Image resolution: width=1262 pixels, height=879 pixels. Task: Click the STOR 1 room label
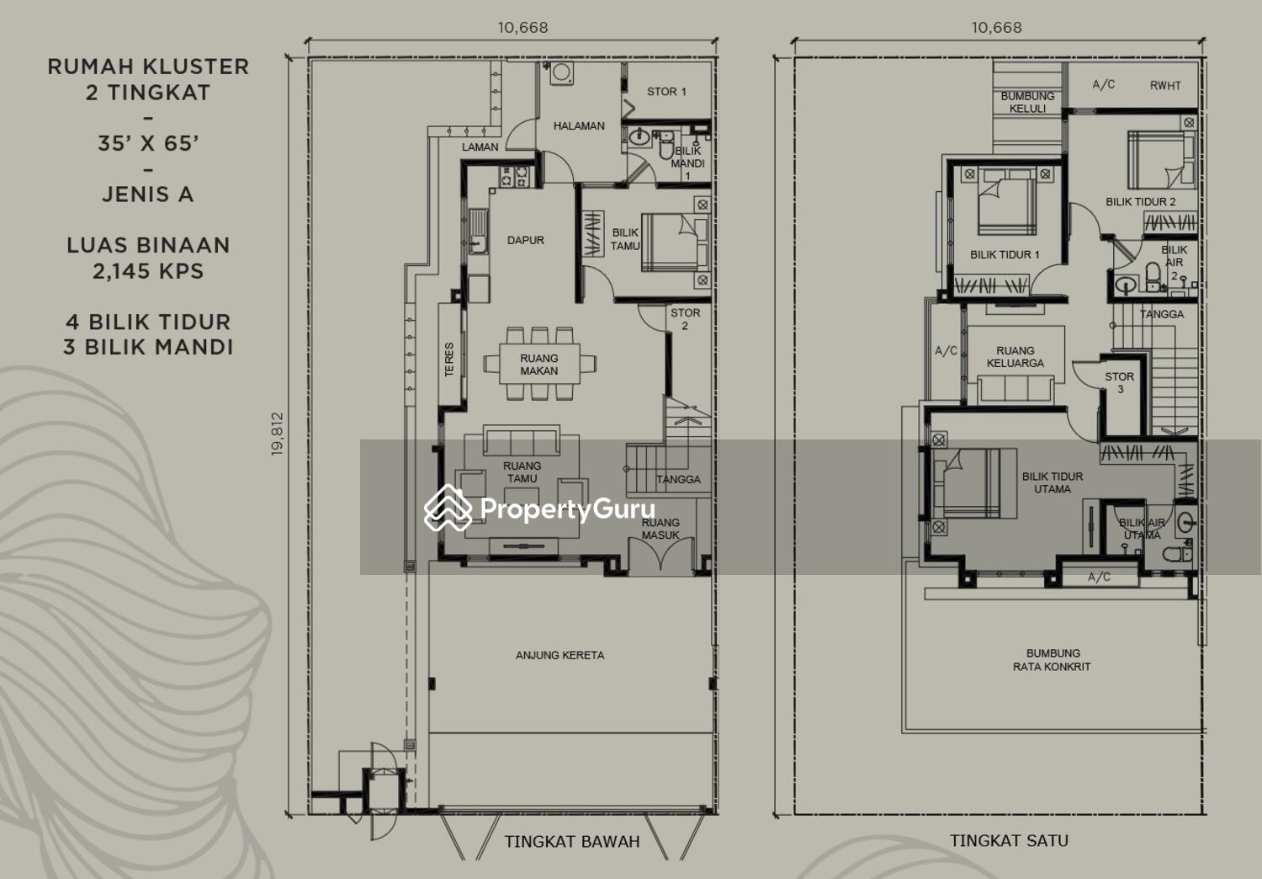[x=666, y=91]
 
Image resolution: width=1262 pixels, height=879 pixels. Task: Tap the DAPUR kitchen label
[x=526, y=240]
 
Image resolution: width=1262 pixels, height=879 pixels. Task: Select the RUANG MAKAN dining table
[x=539, y=365]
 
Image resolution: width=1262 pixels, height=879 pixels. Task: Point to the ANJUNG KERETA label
[x=560, y=655]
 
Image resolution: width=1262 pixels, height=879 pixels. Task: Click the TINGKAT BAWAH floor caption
[x=572, y=842]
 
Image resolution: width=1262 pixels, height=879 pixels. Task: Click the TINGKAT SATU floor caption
[x=1009, y=840]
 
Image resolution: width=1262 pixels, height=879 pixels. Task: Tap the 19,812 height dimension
[x=277, y=434]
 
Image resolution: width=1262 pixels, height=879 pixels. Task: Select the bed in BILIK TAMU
[x=675, y=242]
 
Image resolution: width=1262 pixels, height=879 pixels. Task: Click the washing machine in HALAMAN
[x=562, y=73]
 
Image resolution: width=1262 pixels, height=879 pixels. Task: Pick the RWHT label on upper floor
[x=1165, y=86]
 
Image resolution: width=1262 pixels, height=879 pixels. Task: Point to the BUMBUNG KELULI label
[x=1027, y=102]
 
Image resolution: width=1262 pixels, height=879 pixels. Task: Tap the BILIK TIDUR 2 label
[x=1141, y=201]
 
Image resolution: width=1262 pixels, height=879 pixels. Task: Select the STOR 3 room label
[x=1120, y=382]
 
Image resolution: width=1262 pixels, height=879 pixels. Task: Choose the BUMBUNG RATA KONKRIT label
[x=1052, y=660]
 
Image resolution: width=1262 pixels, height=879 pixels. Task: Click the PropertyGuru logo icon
[x=448, y=508]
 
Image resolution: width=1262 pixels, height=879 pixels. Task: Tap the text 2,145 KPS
[x=148, y=271]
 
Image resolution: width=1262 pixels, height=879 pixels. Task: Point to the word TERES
[x=449, y=360]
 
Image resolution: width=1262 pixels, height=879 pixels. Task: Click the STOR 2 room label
[x=685, y=319]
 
